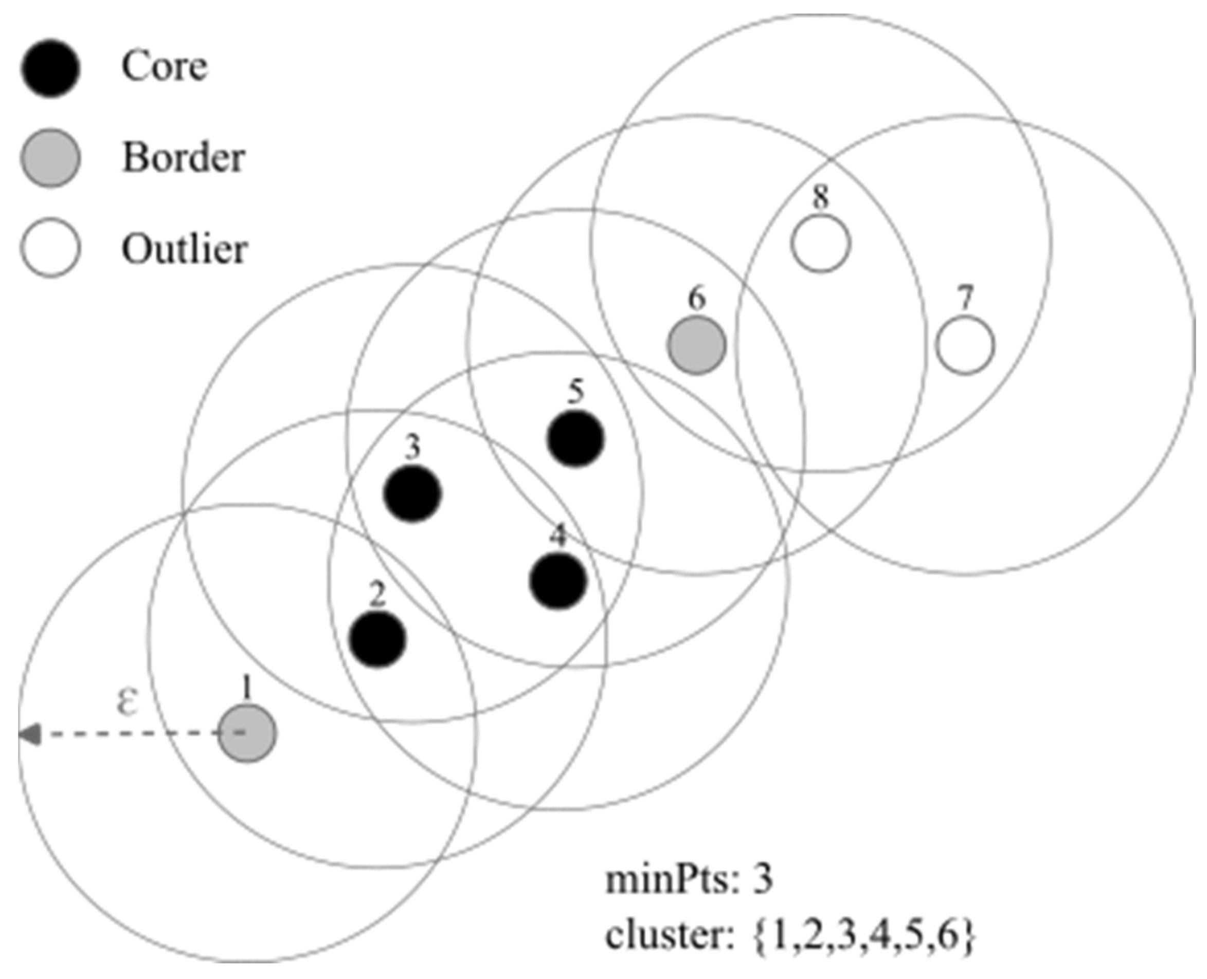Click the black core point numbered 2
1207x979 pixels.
click(x=377, y=640)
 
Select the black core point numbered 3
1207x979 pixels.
click(x=412, y=493)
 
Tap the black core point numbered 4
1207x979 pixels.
click(x=558, y=581)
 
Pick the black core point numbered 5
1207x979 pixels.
click(x=575, y=439)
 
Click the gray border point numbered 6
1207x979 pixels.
click(x=696, y=345)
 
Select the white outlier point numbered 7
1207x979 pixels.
click(x=965, y=346)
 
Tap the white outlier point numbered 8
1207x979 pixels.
click(x=820, y=244)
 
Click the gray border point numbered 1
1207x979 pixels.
click(x=247, y=733)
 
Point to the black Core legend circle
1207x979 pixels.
click(x=50, y=68)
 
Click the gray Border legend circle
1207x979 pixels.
click(x=50, y=158)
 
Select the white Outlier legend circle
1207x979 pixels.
click(x=50, y=248)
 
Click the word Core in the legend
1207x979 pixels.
click(x=164, y=66)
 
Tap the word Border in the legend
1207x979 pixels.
click(x=184, y=158)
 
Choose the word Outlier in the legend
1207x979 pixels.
click(x=185, y=249)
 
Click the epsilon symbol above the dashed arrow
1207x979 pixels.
click(x=128, y=702)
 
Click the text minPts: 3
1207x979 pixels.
click(x=689, y=879)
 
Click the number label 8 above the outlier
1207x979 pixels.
click(x=820, y=197)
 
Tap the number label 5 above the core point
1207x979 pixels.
click(x=575, y=392)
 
